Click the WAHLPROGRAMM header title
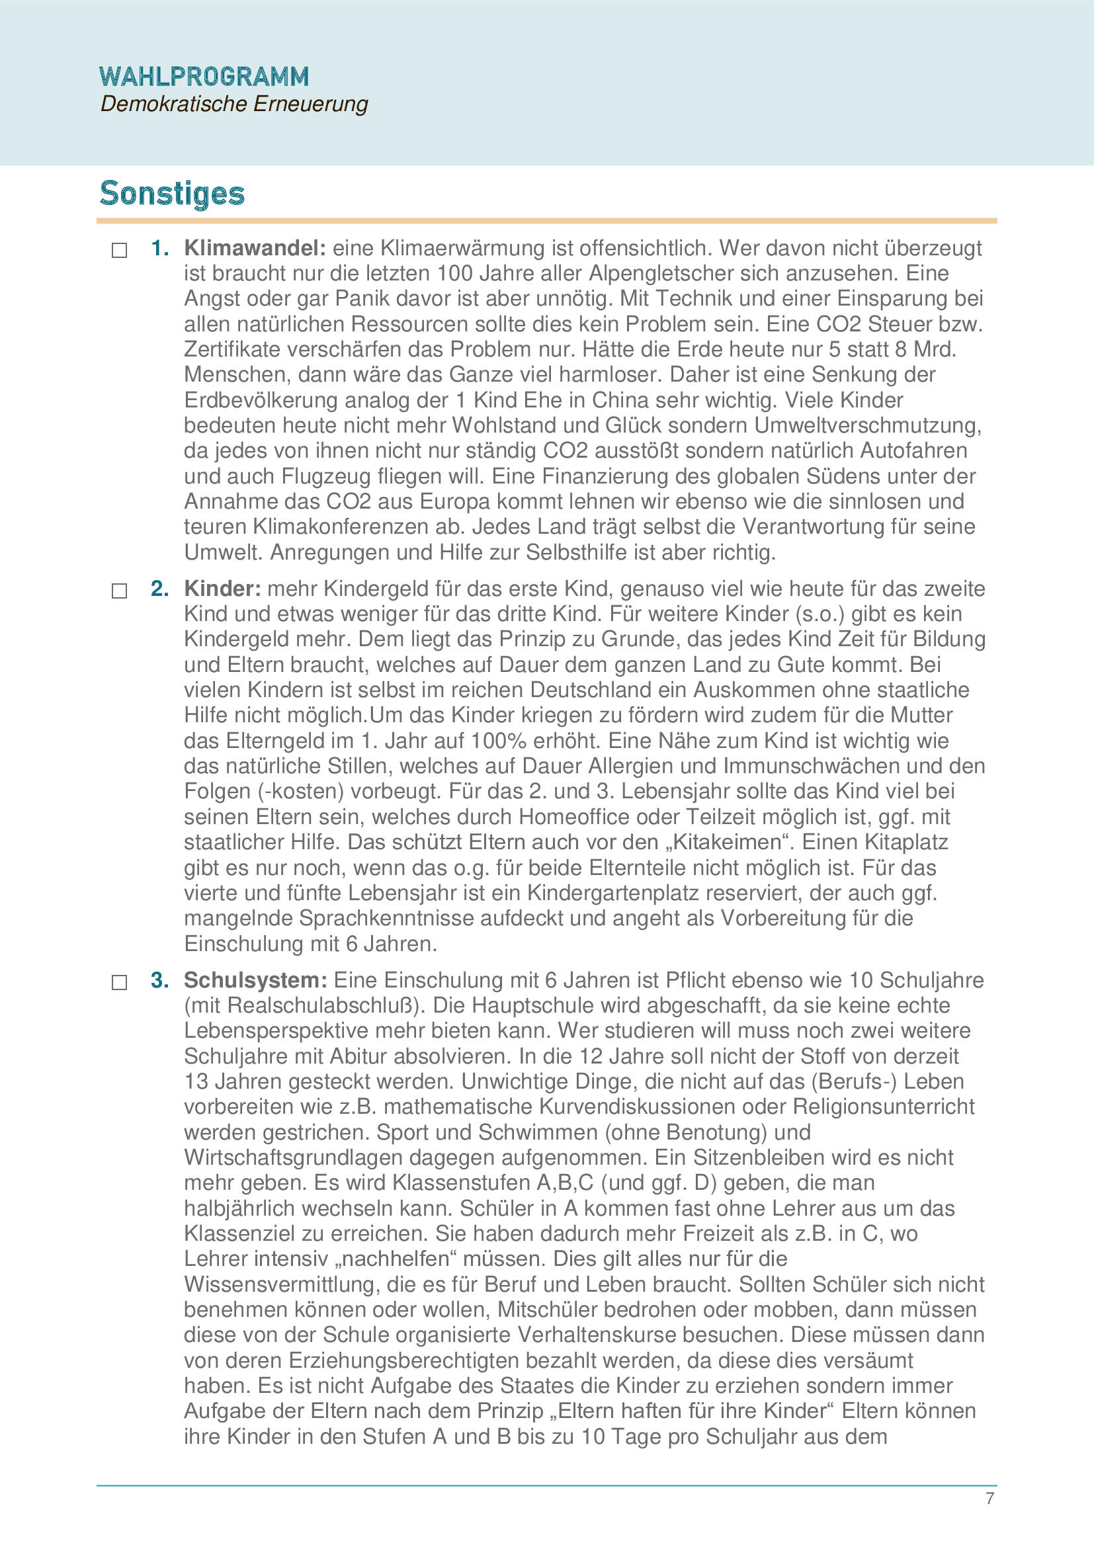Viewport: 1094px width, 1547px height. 204,77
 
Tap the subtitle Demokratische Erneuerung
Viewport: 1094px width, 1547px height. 233,105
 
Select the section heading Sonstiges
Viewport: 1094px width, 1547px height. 172,193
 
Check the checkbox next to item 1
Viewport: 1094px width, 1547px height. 119,251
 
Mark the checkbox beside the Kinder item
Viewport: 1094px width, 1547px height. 119,591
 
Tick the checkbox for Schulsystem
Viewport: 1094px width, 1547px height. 119,982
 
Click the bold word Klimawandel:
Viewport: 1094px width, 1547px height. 255,248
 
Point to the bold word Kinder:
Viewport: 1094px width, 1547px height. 222,589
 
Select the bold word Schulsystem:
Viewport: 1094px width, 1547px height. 255,980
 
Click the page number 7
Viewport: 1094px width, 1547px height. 989,1498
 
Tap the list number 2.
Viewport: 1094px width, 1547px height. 159,589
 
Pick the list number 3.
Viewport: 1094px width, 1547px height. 159,980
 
